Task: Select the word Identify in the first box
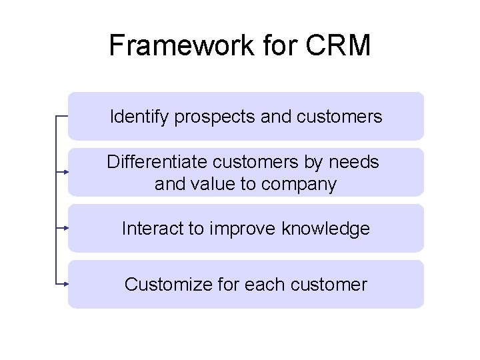tap(139, 117)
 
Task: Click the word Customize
tap(168, 285)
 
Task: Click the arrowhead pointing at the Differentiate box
tap(66, 172)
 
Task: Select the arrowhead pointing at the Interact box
tap(66, 228)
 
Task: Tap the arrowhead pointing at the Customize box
tap(66, 284)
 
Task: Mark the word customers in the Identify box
tap(342, 118)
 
